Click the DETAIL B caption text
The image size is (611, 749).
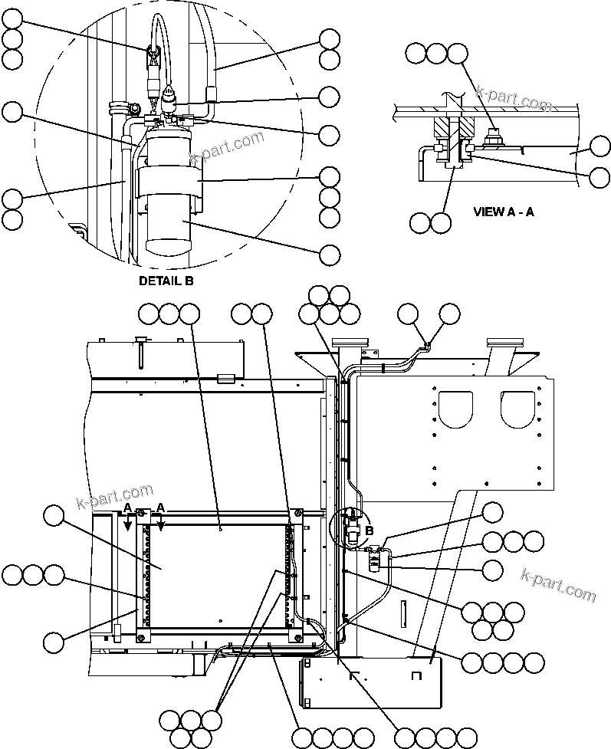166,281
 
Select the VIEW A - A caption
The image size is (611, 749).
503,212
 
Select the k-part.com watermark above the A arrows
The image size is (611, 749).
115,497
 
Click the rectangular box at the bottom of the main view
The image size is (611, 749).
370,685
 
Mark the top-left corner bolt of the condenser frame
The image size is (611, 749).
141,513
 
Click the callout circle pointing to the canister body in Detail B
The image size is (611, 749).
329,254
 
